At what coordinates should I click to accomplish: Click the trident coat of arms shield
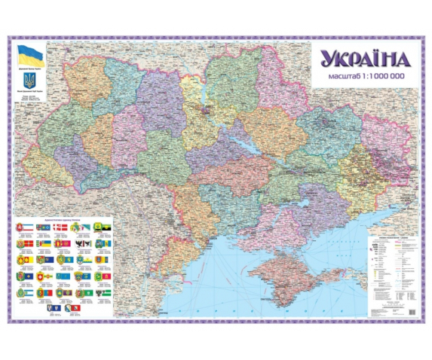(x=30, y=79)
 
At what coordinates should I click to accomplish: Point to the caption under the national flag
(x=30, y=67)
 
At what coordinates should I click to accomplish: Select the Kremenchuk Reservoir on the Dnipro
(x=241, y=144)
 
